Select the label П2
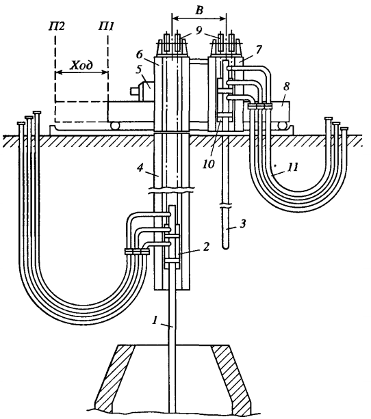point(57,27)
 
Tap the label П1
point(106,27)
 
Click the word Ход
point(81,65)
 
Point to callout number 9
point(199,31)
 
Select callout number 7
point(259,50)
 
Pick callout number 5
point(138,70)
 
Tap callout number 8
point(286,87)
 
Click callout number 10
point(209,164)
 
